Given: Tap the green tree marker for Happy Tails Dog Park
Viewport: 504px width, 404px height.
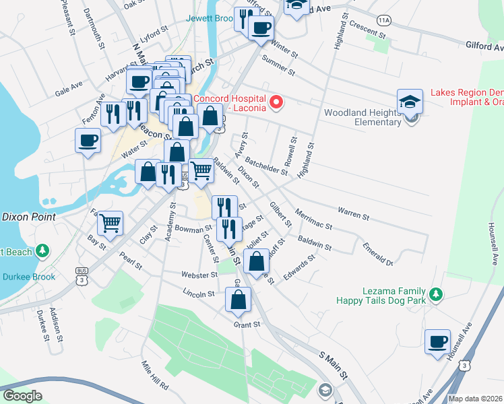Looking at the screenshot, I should tap(437, 294).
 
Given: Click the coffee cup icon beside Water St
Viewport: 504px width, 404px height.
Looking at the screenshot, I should tap(88, 141).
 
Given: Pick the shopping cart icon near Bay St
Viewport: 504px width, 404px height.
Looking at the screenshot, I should tap(111, 222).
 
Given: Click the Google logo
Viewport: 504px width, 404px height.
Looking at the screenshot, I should tap(22, 396).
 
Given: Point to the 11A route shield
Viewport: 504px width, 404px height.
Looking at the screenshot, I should tap(384, 21).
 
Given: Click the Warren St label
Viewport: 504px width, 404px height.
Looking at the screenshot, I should tap(354, 214).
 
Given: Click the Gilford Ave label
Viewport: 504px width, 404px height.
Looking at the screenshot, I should tap(484, 46).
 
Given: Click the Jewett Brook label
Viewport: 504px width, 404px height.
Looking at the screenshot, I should tap(210, 19).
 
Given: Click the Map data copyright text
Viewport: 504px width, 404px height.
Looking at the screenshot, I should tap(475, 399).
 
